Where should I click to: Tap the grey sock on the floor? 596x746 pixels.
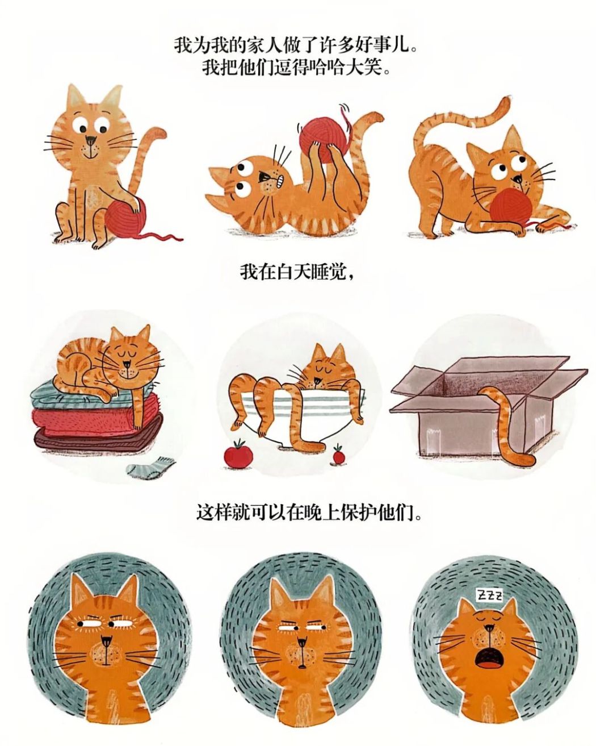150,466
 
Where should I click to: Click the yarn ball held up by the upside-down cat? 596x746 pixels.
323,139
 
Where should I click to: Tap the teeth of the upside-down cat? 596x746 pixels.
282,180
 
